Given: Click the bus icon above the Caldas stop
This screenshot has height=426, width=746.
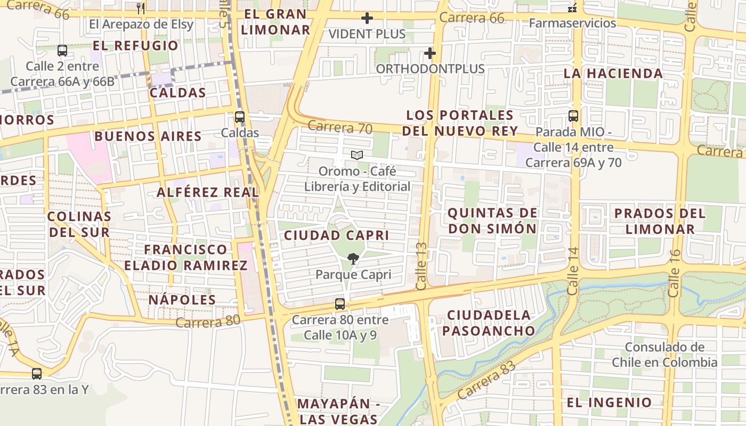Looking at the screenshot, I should click(x=240, y=117).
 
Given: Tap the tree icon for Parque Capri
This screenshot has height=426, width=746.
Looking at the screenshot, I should click(x=353, y=259).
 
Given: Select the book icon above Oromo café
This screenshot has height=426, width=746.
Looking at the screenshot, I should click(x=357, y=155).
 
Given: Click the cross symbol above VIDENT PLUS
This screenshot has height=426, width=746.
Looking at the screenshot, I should click(x=367, y=19).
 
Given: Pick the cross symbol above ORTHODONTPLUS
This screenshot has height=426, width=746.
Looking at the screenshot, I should click(x=430, y=53).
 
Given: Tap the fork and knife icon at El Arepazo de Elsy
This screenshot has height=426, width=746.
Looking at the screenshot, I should click(x=141, y=8).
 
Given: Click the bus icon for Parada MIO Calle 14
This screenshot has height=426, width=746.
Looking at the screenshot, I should click(x=573, y=116).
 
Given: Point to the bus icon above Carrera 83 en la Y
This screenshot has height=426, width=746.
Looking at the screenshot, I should click(x=36, y=374).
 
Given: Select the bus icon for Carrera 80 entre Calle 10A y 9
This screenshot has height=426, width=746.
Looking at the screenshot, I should click(x=340, y=304).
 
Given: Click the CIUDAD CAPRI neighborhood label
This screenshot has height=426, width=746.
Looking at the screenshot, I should click(x=336, y=235).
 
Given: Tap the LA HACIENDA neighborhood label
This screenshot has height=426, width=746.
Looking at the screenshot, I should click(x=613, y=73).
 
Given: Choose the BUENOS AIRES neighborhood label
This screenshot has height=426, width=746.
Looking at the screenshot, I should click(x=148, y=136).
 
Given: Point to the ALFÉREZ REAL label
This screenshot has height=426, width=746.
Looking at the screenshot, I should click(x=208, y=192).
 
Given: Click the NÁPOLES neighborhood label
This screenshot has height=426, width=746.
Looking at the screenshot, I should click(x=182, y=300).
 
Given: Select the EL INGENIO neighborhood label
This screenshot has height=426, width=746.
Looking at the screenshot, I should click(x=609, y=403).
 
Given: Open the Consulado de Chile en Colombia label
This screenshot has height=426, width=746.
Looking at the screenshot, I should click(x=664, y=355).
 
